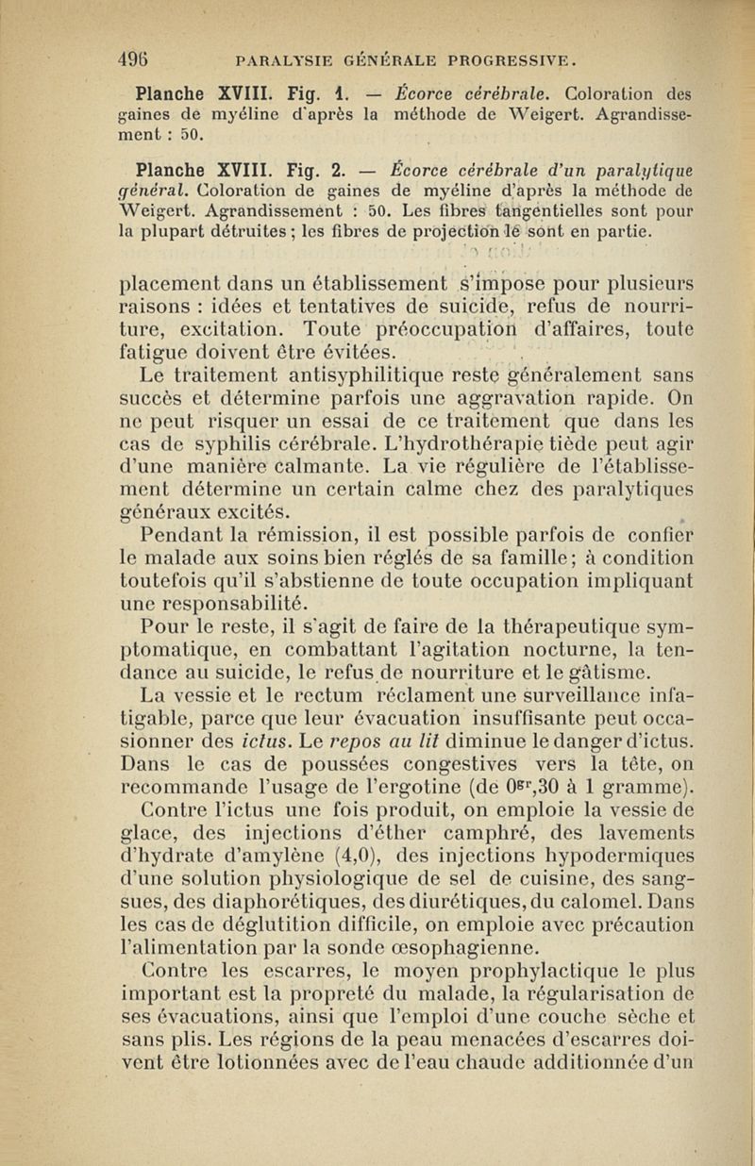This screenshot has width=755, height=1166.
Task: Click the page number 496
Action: [x=141, y=58]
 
